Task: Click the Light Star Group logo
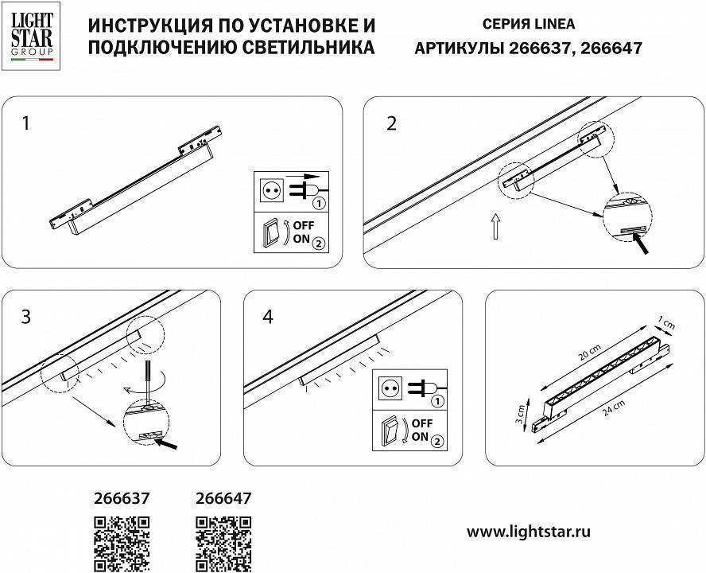[31, 37]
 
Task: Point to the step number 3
[26, 317]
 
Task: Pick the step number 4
[267, 317]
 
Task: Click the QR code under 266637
[122, 544]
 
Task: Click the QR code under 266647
[223, 544]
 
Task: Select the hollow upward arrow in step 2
[495, 228]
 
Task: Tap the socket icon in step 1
[271, 190]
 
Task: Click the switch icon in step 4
[390, 431]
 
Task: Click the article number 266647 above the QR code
[223, 499]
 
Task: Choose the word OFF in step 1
[305, 225]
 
